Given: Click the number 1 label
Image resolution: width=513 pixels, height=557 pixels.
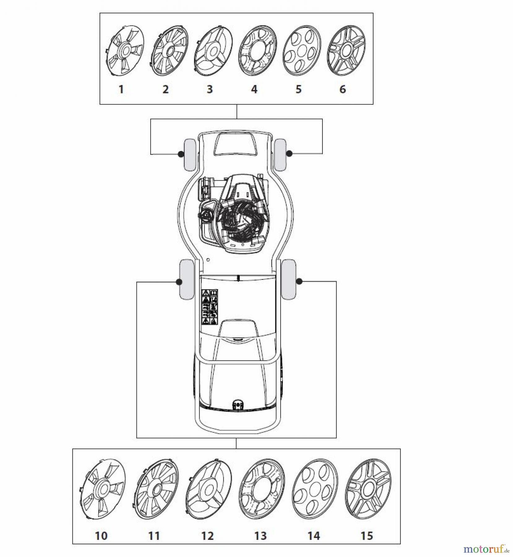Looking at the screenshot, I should pos(121,89).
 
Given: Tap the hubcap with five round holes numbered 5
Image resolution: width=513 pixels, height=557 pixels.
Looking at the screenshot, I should pos(302,51).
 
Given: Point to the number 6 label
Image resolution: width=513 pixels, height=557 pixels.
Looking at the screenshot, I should pos(343,89).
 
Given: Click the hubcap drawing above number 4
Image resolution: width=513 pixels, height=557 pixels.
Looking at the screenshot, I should pos(258,51).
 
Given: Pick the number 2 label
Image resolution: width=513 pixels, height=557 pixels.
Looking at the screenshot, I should pos(166,89).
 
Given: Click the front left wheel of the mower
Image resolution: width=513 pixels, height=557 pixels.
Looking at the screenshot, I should pos(190,155).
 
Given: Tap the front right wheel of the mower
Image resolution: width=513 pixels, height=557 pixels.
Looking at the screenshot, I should pos(280,155).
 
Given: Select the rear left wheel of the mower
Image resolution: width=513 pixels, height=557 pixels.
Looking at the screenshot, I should pos(186,279).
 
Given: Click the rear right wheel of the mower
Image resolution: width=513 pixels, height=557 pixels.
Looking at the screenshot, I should pos(288,279).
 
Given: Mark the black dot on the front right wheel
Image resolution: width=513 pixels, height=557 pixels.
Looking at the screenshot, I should pos(289,153).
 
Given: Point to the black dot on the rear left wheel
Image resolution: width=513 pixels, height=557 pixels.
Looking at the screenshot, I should pos(178,282).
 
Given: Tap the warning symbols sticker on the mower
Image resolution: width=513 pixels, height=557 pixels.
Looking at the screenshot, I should pos(210,307).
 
